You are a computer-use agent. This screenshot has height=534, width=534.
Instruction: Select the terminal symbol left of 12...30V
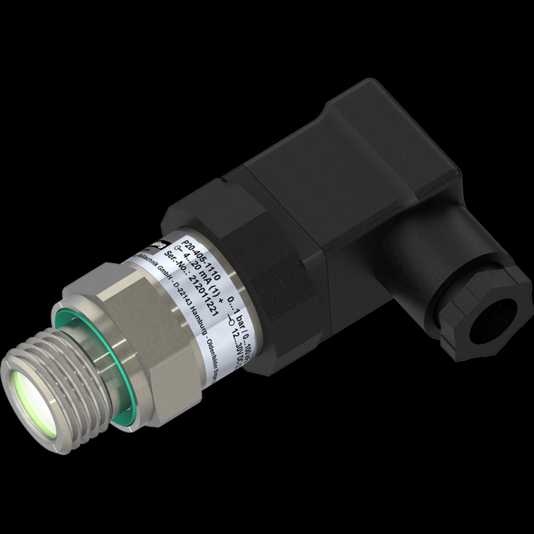tap(231, 322)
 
